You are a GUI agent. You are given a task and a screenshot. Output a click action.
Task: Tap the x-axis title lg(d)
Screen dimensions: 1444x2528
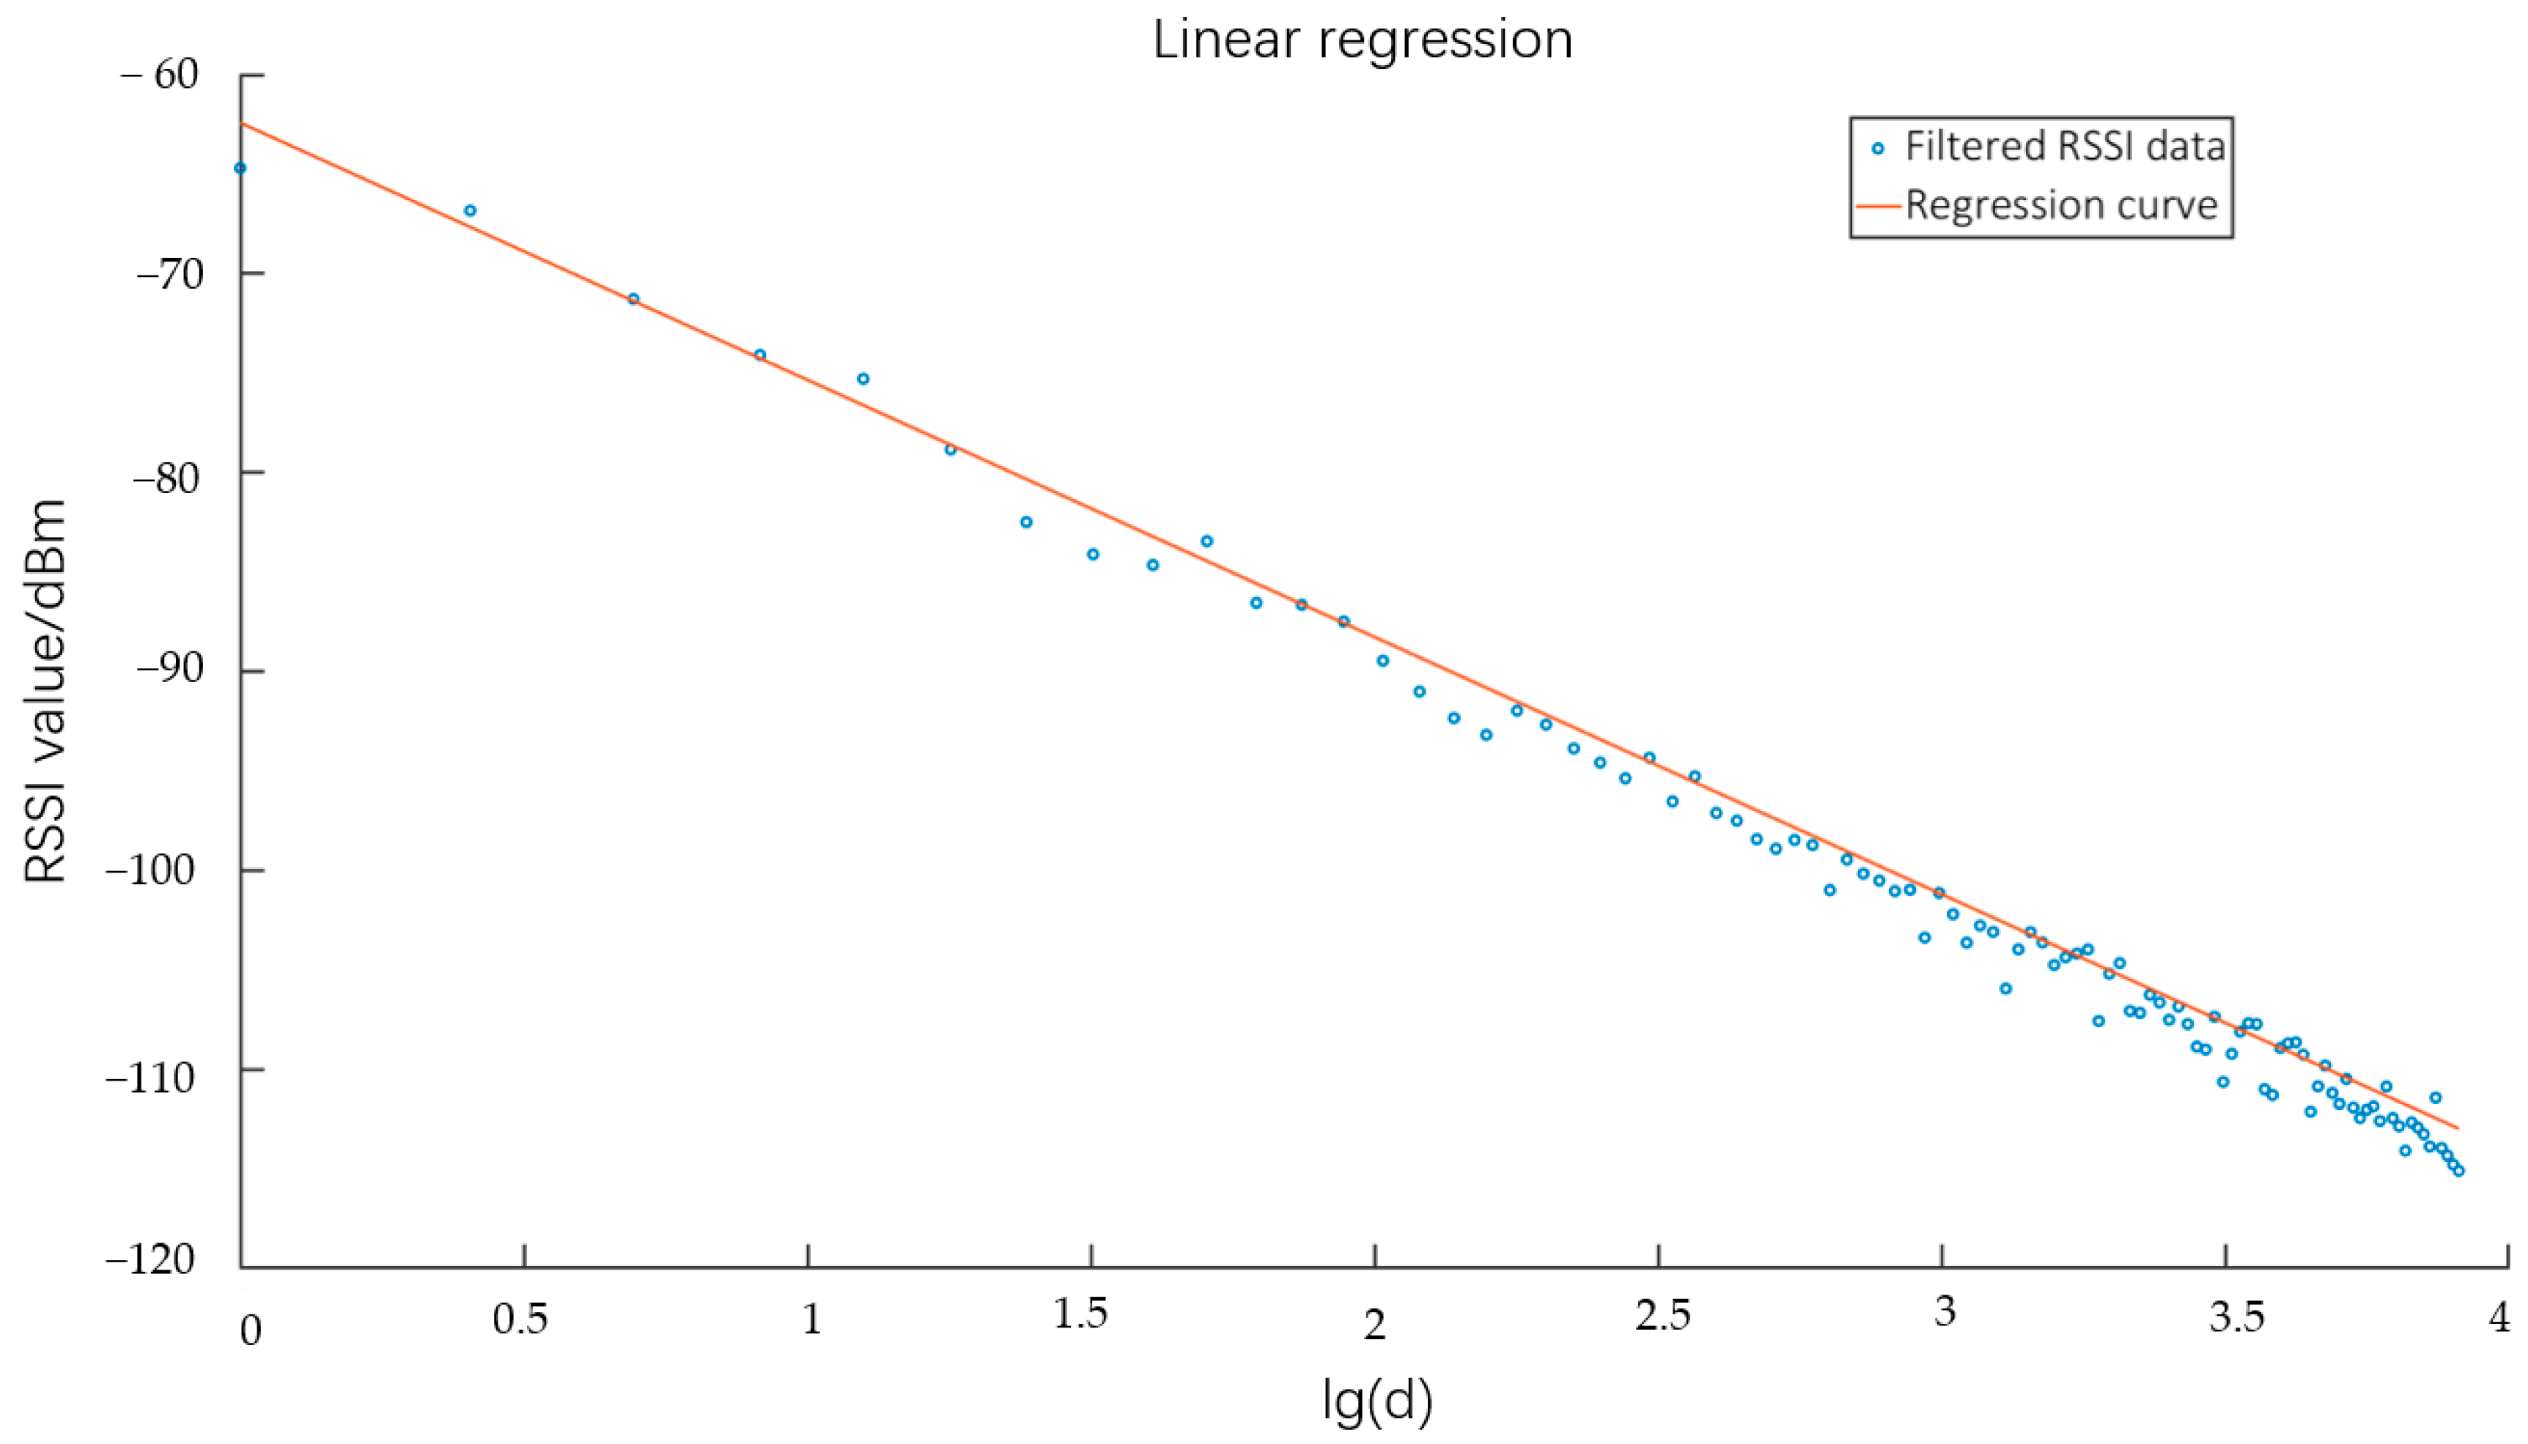point(1377,1400)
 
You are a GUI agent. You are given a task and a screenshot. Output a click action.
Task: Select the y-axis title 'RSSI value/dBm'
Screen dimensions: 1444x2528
point(45,692)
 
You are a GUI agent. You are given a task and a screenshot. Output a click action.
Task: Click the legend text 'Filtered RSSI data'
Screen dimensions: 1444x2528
point(2065,147)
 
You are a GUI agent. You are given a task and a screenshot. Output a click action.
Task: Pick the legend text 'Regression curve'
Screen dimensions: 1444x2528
point(2060,205)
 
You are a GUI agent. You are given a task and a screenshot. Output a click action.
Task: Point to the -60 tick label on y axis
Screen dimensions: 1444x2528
point(159,75)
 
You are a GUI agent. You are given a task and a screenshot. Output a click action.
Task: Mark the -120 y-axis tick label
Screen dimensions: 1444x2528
point(151,1259)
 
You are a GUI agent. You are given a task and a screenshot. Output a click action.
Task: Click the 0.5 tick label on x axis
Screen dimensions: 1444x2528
point(521,1319)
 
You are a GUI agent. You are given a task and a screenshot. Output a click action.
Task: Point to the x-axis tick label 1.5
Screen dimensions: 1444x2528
point(1080,1314)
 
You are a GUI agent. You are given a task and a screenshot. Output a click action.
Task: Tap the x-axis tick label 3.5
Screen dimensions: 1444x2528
point(2237,1318)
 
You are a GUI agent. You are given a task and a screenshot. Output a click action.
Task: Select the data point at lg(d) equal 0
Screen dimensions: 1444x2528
point(240,169)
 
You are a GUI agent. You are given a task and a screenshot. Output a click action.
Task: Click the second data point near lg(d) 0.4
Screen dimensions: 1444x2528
point(471,210)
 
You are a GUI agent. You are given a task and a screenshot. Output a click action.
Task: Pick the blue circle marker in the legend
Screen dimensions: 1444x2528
point(1877,149)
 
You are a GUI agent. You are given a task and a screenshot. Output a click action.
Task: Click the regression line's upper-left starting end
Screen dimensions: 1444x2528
point(242,124)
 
